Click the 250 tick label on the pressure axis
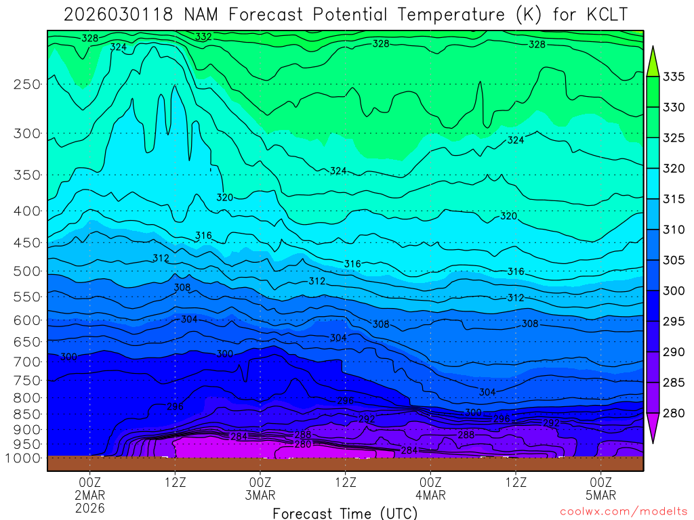point(27,85)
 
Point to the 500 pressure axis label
point(27,272)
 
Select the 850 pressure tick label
point(27,414)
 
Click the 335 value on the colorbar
point(674,77)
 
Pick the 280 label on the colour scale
point(674,413)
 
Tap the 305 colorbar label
point(674,260)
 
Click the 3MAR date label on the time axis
point(260,495)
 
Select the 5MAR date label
point(601,495)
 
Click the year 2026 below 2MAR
point(90,508)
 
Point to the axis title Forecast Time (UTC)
point(345,513)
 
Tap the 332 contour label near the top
point(203,37)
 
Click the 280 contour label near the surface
point(302,444)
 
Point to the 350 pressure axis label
point(27,175)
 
